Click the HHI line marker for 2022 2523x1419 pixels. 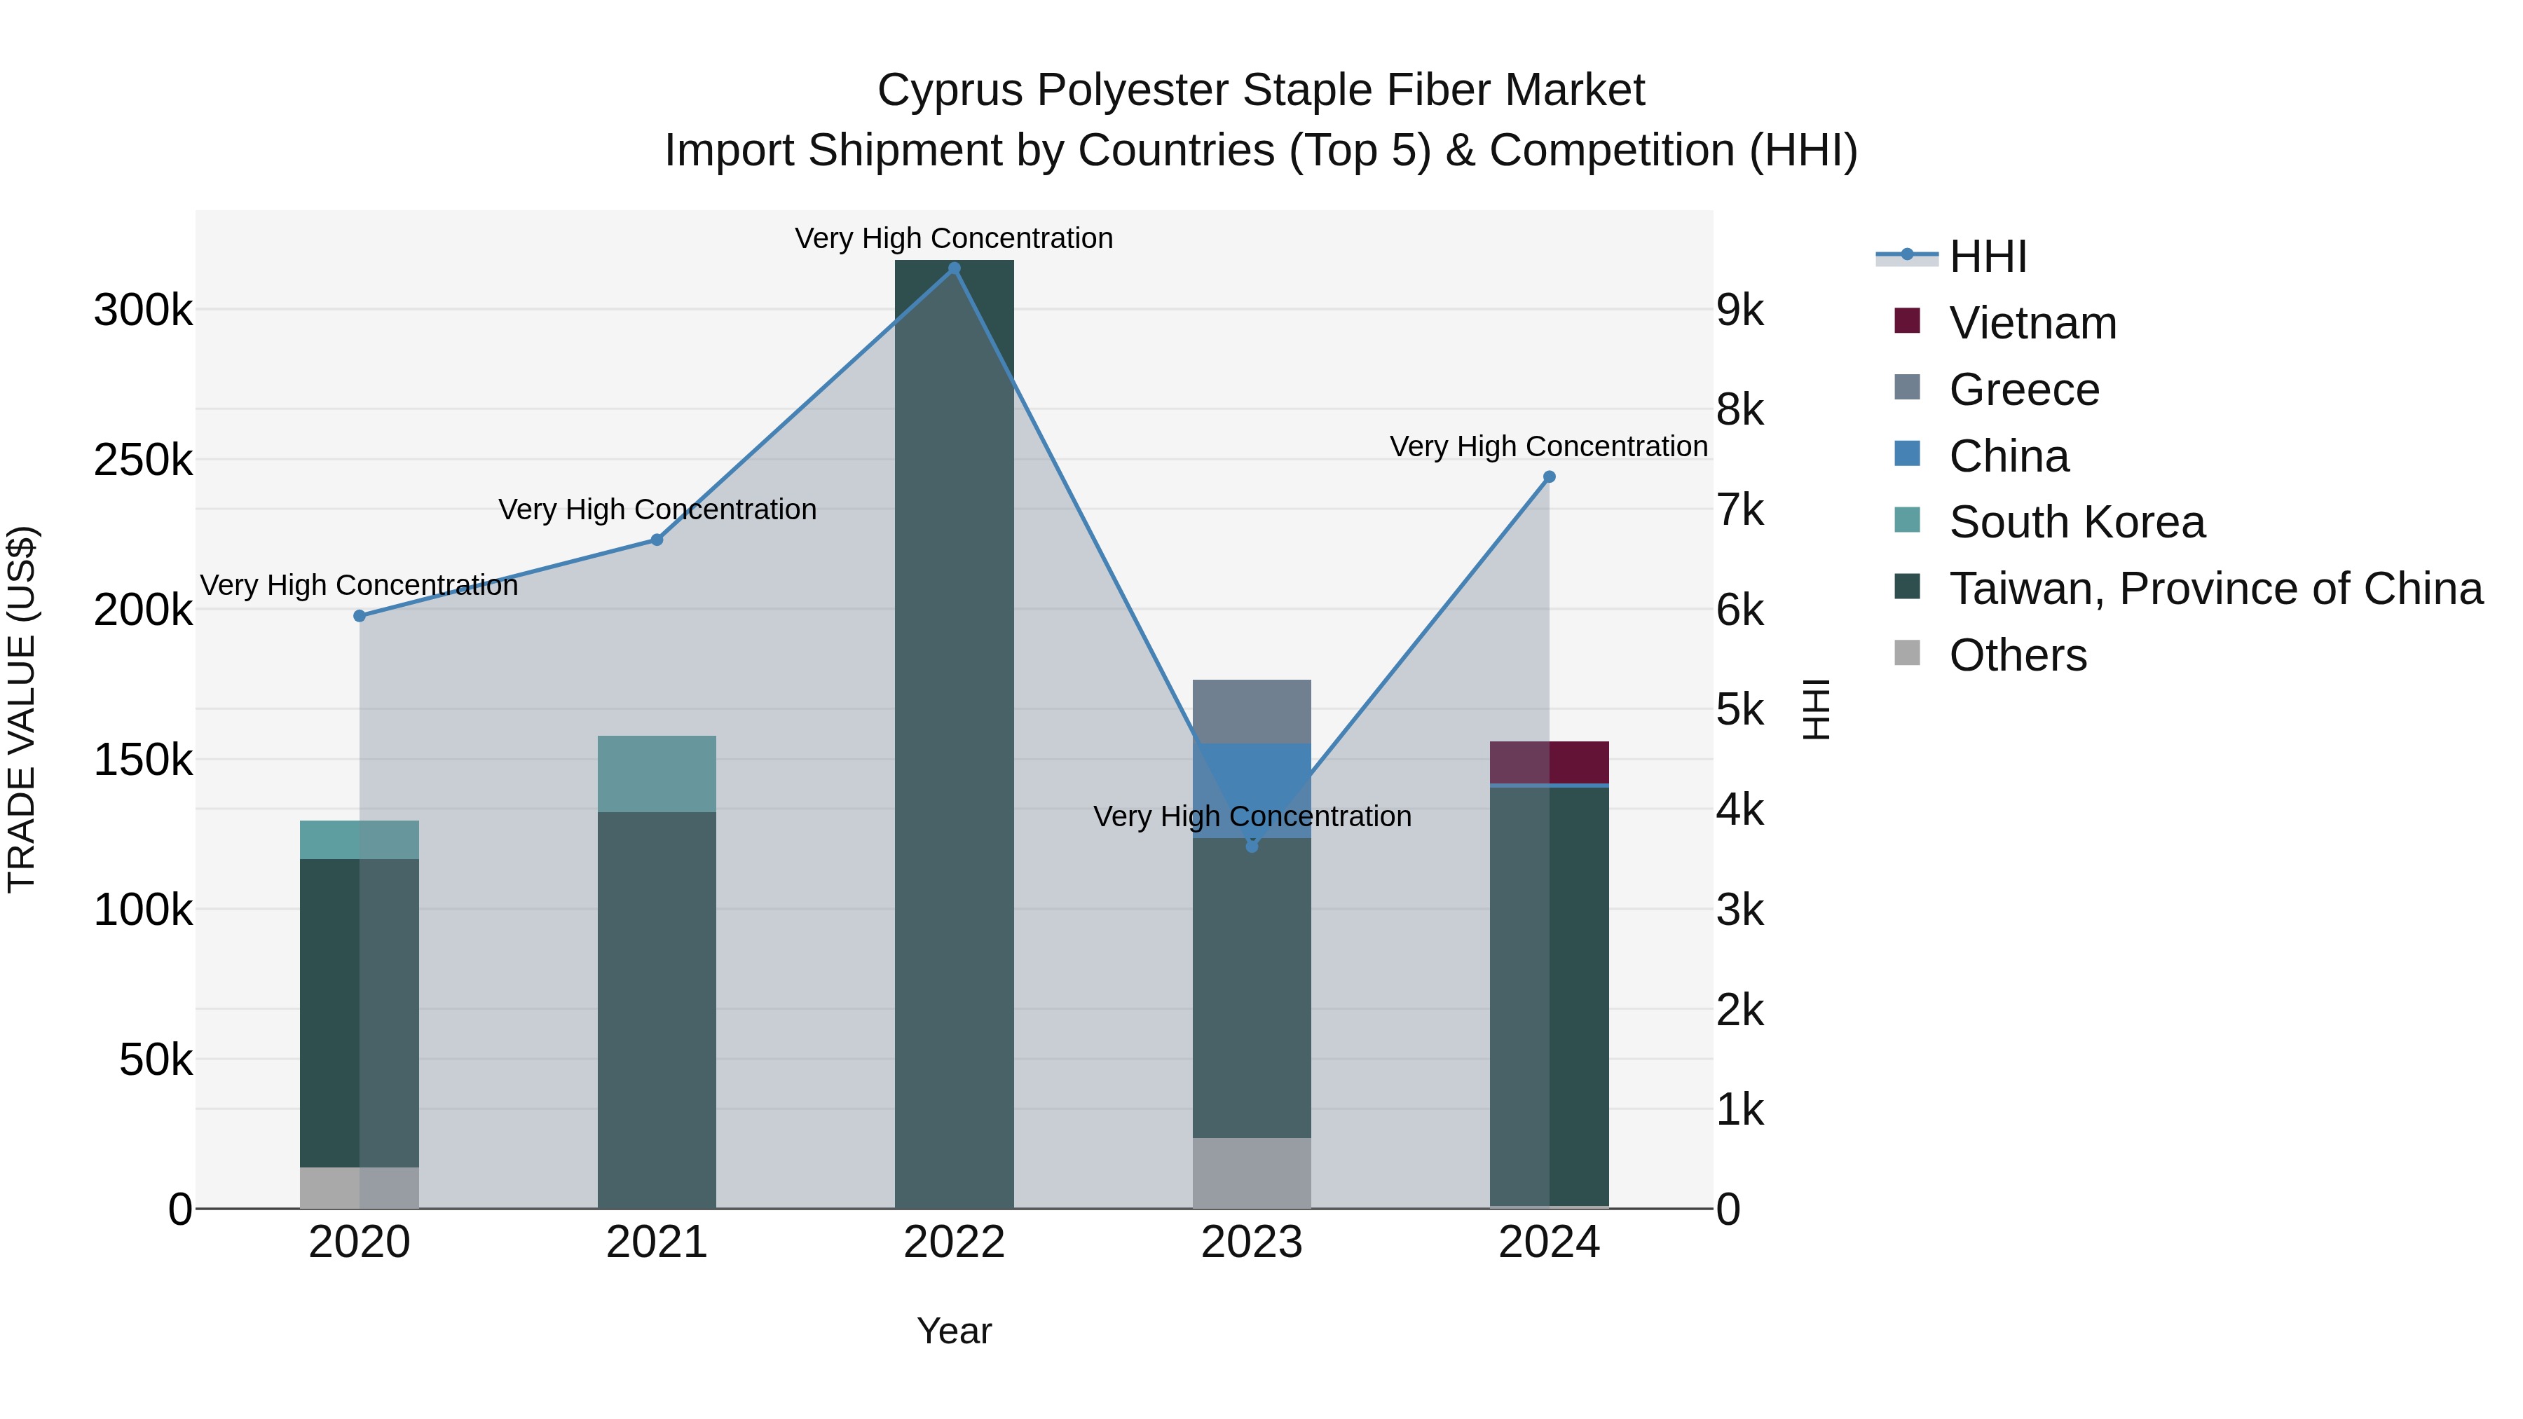tap(954, 268)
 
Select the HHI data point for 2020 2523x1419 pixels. tap(360, 616)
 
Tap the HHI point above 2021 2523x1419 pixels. tap(657, 540)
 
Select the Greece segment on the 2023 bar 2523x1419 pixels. tap(1252, 711)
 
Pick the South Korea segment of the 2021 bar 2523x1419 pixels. tap(657, 774)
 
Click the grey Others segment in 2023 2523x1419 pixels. tap(1252, 1172)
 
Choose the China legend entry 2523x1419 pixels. tap(2008, 456)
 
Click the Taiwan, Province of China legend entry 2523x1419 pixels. tap(2215, 589)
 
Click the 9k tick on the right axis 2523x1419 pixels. tap(1740, 310)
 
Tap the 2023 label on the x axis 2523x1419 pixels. tap(1252, 1242)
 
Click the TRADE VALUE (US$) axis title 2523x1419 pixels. tap(22, 709)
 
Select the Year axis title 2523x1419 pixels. tap(954, 1331)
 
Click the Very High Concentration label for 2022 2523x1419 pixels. tap(954, 238)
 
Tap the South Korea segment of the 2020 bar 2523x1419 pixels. tap(360, 839)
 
